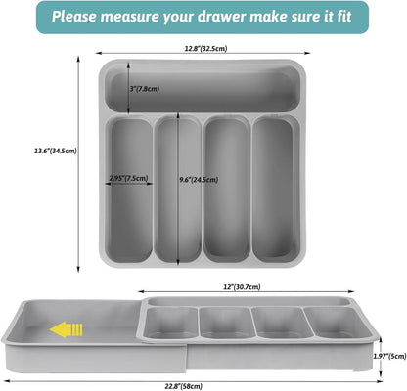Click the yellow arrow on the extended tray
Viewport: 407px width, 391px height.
(x=67, y=329)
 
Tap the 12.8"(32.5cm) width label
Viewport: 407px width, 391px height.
(x=205, y=49)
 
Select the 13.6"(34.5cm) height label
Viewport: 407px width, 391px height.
(x=56, y=151)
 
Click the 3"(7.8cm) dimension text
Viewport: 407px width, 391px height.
(x=145, y=89)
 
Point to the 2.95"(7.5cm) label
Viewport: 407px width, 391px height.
(x=128, y=178)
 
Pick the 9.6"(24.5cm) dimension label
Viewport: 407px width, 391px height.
(x=199, y=180)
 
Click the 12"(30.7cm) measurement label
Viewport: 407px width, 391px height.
(x=242, y=287)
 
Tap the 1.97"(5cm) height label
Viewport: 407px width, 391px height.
(x=390, y=356)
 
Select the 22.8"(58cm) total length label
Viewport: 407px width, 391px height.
(x=183, y=386)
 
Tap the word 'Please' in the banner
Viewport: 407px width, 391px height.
(x=73, y=17)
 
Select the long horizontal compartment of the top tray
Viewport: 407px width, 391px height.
(x=203, y=89)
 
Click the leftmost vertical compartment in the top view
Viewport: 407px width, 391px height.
(x=129, y=190)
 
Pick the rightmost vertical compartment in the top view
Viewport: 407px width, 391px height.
(x=276, y=190)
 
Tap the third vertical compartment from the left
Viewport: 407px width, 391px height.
(x=227, y=190)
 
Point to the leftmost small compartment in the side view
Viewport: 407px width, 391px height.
(x=170, y=323)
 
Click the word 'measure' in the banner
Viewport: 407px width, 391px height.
(x=129, y=17)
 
